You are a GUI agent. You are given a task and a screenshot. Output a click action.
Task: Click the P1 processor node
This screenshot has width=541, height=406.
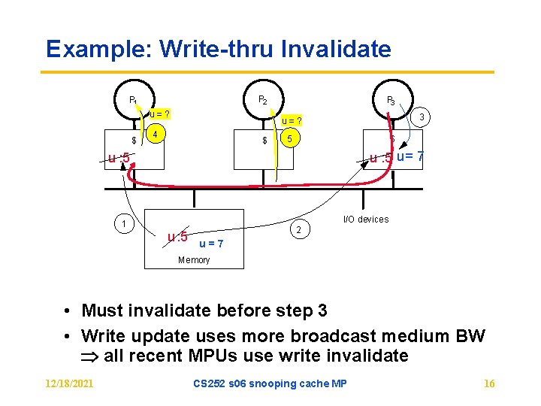tap(133, 99)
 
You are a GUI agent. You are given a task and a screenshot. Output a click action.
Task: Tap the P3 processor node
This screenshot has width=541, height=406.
tap(391, 99)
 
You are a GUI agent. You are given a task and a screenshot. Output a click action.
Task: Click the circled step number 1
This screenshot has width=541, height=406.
tap(125, 223)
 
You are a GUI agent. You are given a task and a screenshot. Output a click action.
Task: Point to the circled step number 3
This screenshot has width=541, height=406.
tap(423, 117)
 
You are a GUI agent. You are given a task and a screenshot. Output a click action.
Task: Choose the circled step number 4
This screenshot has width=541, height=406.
tap(156, 135)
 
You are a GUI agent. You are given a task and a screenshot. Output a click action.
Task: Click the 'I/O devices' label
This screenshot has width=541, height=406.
tap(366, 220)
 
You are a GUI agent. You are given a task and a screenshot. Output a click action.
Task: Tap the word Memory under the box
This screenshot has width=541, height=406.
tap(194, 260)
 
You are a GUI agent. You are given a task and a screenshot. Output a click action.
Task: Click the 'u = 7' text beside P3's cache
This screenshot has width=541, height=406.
tap(410, 156)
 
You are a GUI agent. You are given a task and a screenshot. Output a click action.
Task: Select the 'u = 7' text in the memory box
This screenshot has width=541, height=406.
tap(211, 244)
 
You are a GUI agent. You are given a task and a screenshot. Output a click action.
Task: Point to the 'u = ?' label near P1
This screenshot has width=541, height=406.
tap(159, 114)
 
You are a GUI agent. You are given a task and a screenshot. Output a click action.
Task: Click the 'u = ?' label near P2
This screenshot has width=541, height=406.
tap(292, 120)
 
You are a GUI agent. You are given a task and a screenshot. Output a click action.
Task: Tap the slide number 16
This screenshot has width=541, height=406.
tap(489, 383)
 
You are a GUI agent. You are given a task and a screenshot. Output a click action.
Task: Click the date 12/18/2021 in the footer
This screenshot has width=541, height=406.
tap(69, 383)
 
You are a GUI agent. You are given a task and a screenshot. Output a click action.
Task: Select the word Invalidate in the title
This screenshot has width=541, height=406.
tap(336, 50)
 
